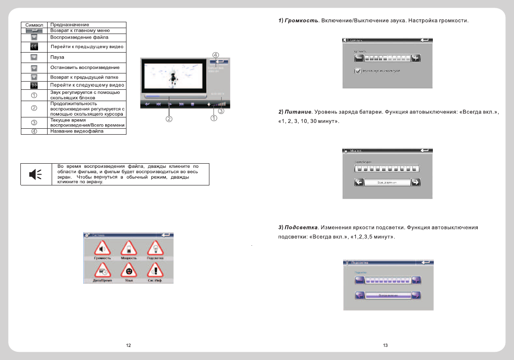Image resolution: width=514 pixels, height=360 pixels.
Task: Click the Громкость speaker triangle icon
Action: tap(102, 248)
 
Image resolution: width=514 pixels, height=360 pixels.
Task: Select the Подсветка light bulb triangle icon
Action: tap(155, 248)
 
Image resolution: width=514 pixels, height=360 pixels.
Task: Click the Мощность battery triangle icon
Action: tap(129, 248)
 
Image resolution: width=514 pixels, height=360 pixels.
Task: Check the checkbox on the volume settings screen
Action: tap(358, 71)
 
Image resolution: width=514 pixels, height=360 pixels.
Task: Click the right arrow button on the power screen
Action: tap(415, 182)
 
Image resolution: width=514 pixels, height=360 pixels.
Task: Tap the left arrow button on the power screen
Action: tap(359, 182)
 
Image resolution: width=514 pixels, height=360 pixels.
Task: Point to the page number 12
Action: tap(129, 346)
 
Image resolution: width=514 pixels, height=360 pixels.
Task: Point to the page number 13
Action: tap(385, 346)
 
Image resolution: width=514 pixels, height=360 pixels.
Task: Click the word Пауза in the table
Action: tap(57, 58)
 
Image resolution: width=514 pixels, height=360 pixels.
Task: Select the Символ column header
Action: tap(34, 24)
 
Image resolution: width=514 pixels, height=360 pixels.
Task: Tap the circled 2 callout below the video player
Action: tap(169, 119)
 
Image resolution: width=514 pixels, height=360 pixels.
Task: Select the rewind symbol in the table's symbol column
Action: tap(34, 47)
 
